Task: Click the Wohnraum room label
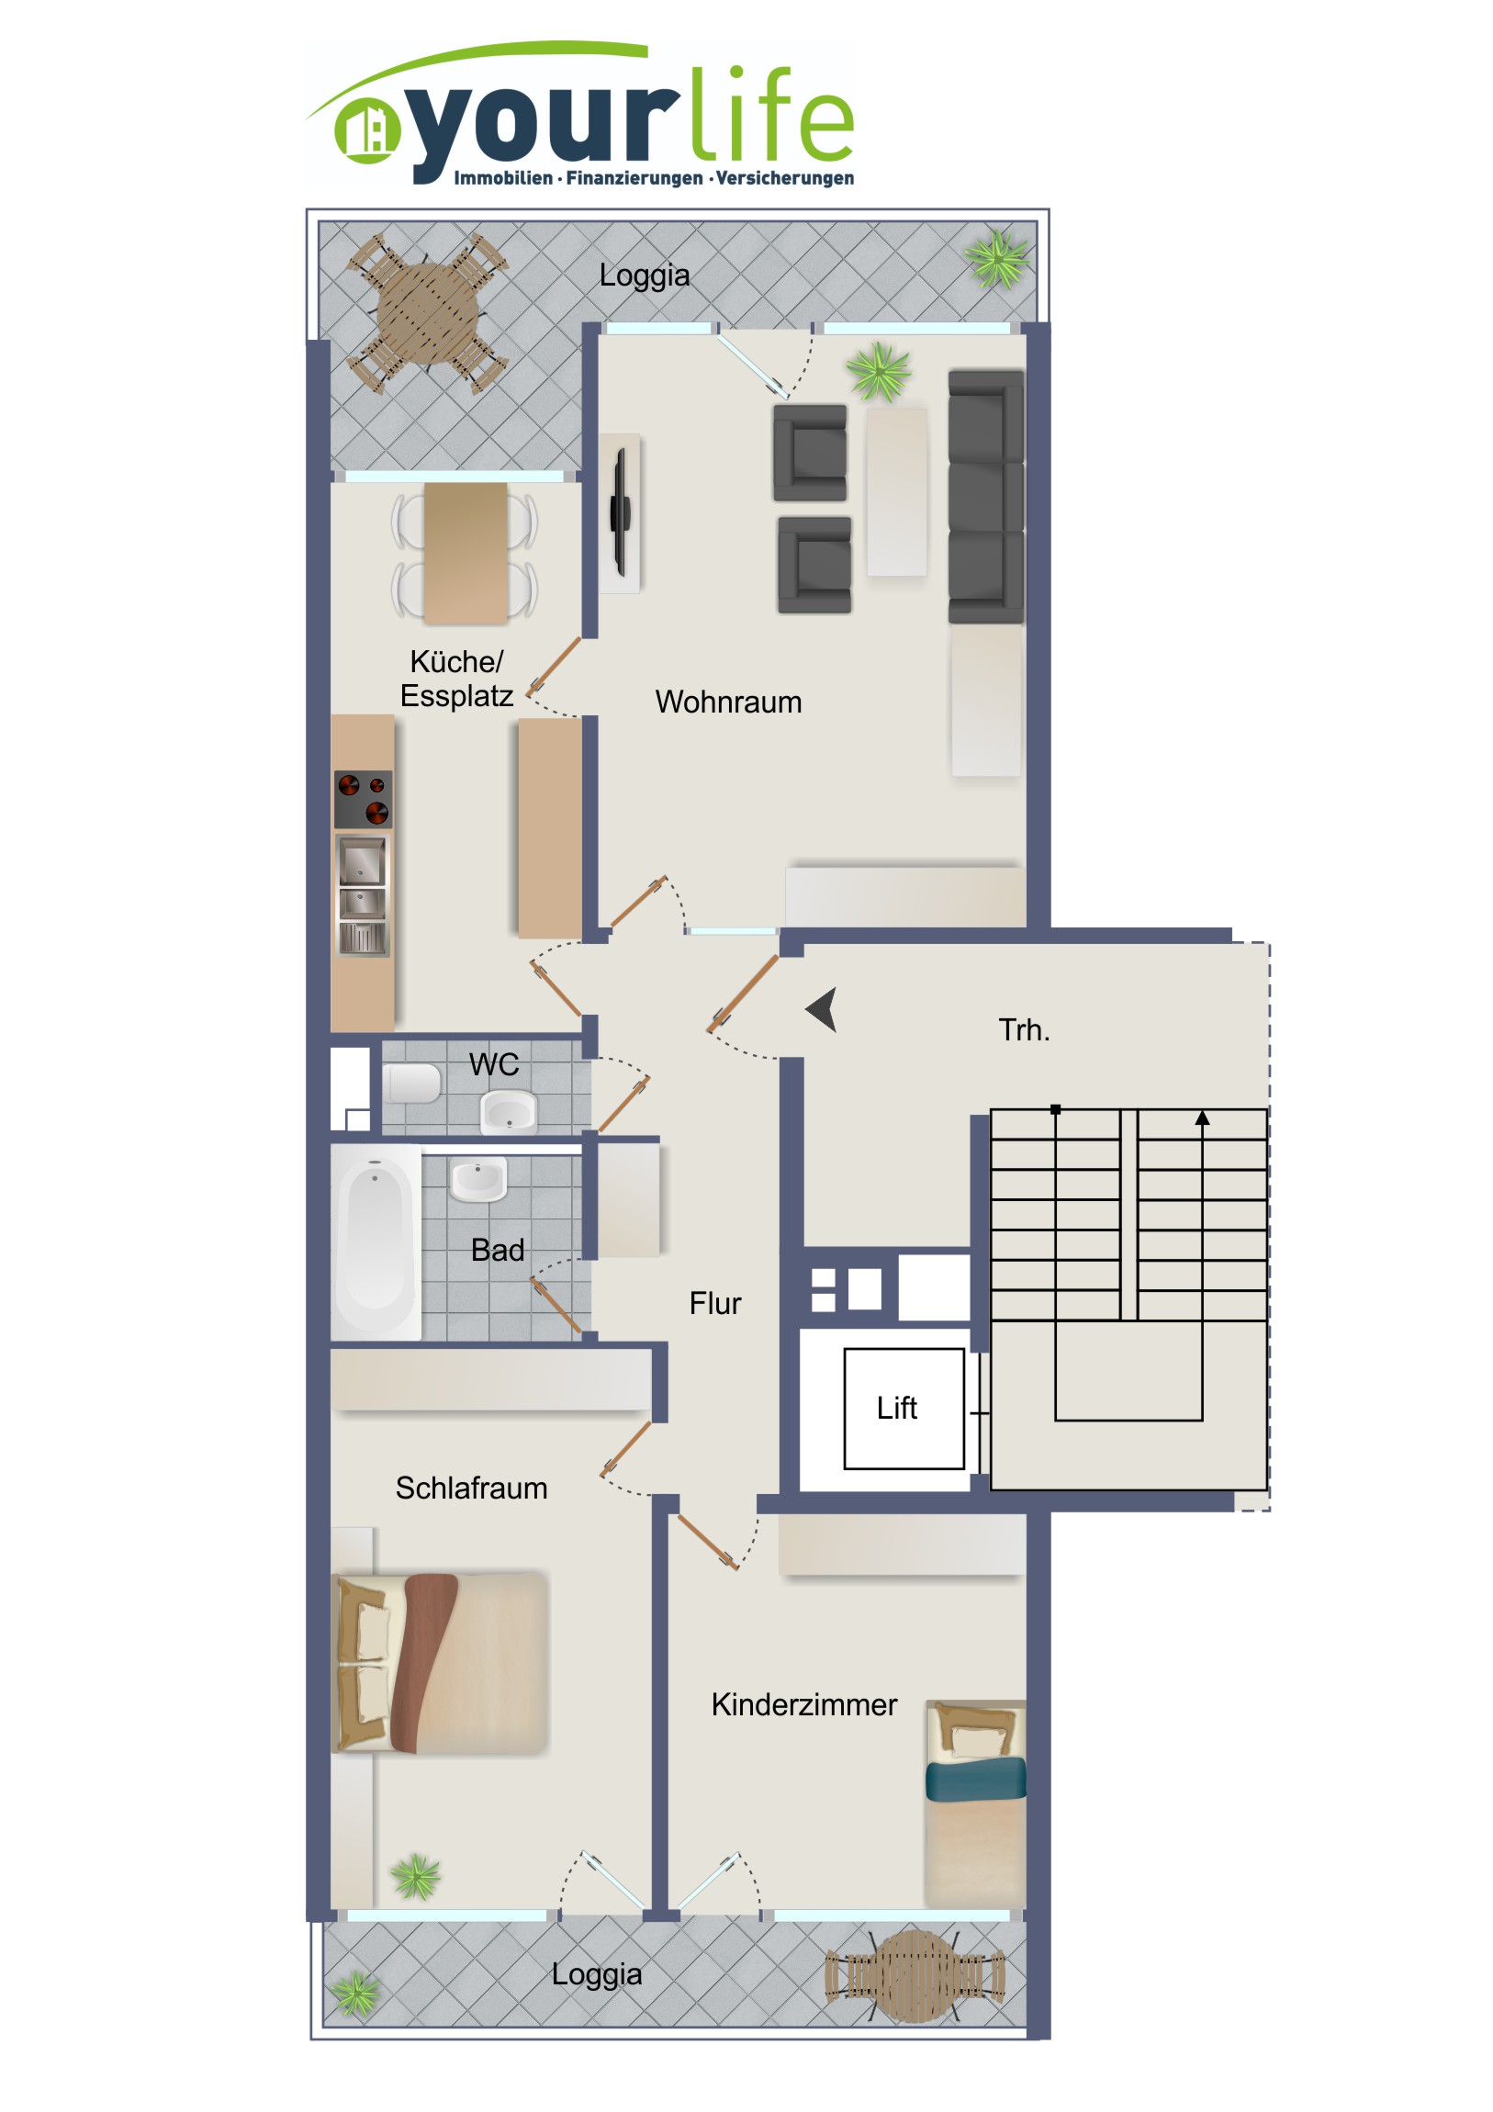coord(727,702)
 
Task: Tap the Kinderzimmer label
coord(803,1704)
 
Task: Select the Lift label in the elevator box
coord(896,1408)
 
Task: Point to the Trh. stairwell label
coord(1024,1029)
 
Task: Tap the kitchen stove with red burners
coord(363,800)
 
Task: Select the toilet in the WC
coord(410,1084)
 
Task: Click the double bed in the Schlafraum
coord(440,1662)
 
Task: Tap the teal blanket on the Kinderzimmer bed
coord(975,1778)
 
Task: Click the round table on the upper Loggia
coord(428,311)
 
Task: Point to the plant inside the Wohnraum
coord(880,370)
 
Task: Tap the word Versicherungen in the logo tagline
coord(785,177)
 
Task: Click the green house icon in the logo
coord(367,130)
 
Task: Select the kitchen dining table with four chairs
coord(465,554)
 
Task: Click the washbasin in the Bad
coord(477,1179)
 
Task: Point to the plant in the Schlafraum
coord(416,1876)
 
